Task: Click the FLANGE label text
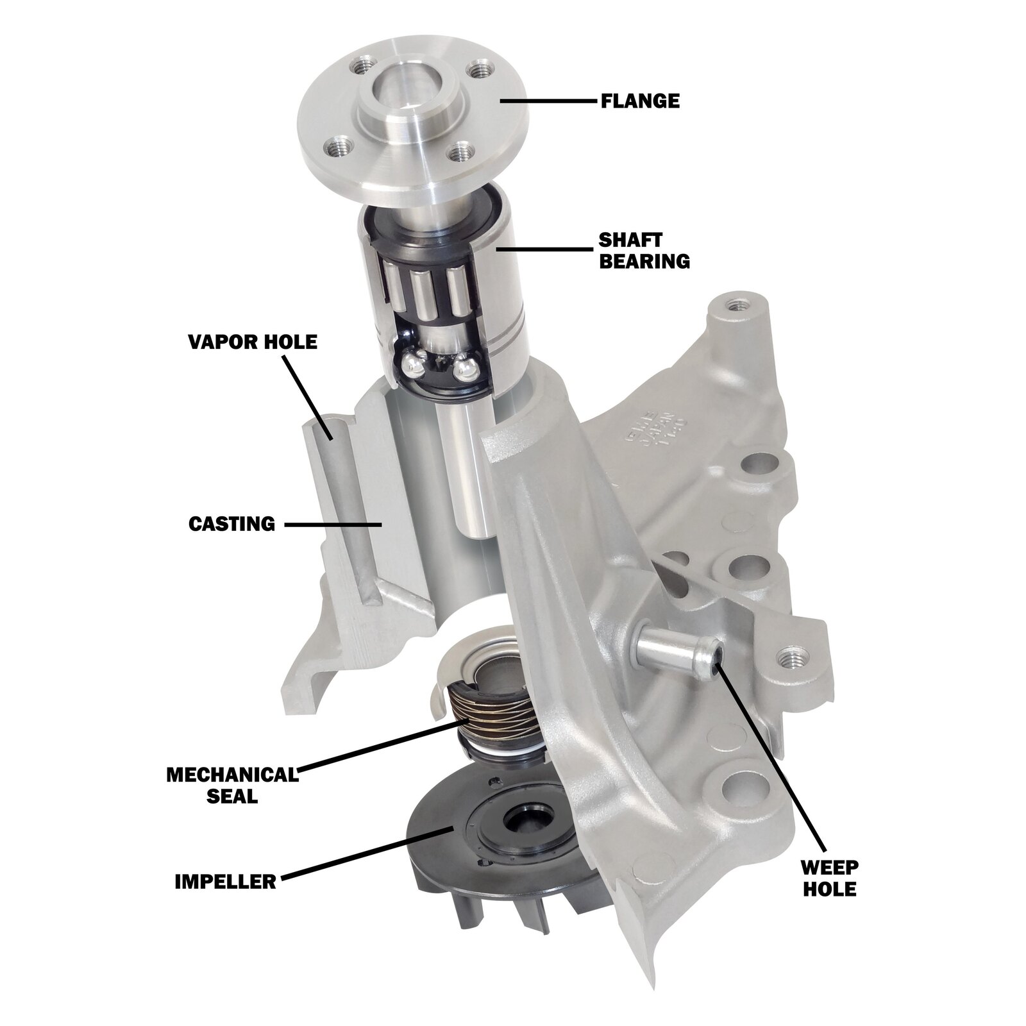point(639,101)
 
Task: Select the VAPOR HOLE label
point(253,342)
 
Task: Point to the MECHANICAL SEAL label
point(233,785)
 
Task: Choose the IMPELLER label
point(225,881)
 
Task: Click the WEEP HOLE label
point(828,878)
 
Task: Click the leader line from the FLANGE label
point(545,101)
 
